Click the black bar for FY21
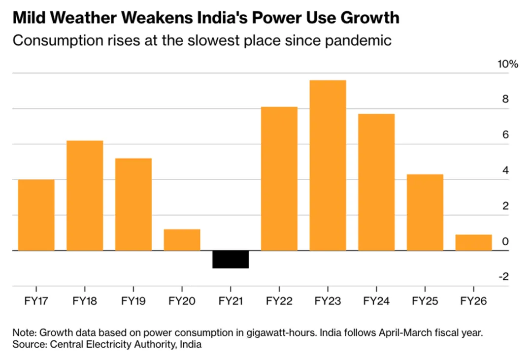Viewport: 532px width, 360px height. click(231, 259)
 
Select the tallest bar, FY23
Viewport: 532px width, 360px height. click(328, 165)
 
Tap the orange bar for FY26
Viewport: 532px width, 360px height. click(473, 242)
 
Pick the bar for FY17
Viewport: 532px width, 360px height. click(36, 215)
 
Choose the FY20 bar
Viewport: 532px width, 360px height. click(182, 240)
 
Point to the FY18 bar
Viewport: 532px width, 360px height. click(85, 196)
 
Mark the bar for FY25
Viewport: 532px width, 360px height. click(425, 212)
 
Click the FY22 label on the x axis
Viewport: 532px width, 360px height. click(279, 301)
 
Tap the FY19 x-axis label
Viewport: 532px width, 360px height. click(133, 301)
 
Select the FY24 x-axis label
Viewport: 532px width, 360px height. click(376, 301)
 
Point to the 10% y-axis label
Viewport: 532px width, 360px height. click(507, 65)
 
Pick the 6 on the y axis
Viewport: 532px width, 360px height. click(505, 135)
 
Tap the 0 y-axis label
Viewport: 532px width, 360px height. click(505, 242)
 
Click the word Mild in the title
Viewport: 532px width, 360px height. click(31, 18)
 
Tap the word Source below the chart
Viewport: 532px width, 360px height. click(28, 345)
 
